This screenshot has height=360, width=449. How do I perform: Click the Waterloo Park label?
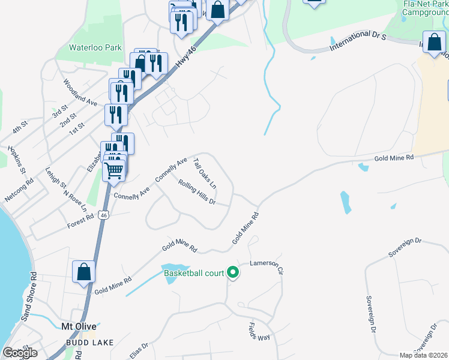coord(95,47)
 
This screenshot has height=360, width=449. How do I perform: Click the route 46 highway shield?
coord(104,215)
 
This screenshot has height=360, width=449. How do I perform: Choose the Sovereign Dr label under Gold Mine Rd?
coord(405,248)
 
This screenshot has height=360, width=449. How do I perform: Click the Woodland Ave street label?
coord(80,94)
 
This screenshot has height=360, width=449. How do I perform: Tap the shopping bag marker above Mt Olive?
coord(84,271)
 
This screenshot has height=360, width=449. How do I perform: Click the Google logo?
coord(20,353)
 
